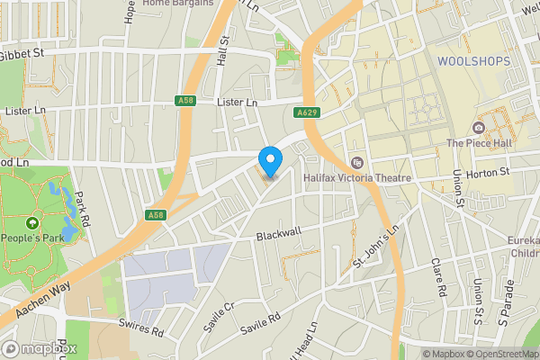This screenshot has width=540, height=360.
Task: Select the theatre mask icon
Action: coord(357,163)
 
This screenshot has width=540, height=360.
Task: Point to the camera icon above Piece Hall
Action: coord(478,128)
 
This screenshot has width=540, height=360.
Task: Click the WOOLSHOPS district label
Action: coord(472,61)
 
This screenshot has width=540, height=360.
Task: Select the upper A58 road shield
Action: coord(185,101)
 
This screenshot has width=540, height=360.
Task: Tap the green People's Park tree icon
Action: coord(32,222)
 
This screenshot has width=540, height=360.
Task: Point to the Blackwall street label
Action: coord(277,233)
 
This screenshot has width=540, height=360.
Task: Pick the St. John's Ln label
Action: coord(374,251)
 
